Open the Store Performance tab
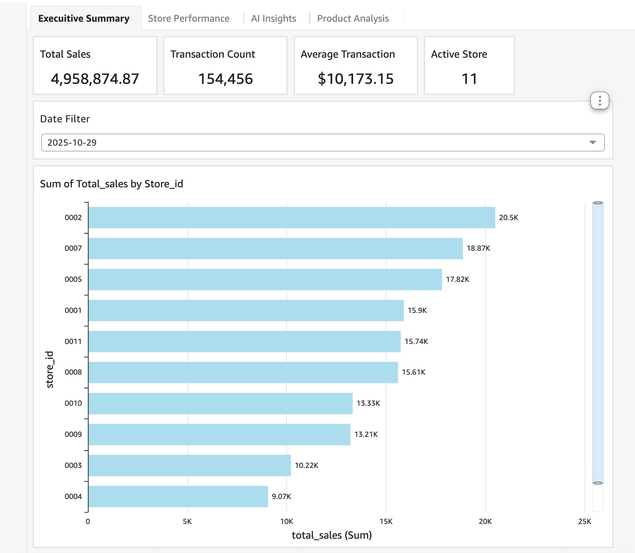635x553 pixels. [x=189, y=18]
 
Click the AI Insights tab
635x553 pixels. [x=273, y=18]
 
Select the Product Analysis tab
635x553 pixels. [x=353, y=18]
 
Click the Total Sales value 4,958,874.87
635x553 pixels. [x=95, y=79]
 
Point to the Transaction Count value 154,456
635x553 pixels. [x=225, y=79]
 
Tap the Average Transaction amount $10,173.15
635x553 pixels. [x=356, y=79]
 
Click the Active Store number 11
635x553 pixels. [x=469, y=79]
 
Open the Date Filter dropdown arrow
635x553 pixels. [x=592, y=142]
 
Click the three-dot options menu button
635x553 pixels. [x=599, y=101]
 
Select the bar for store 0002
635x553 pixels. [x=291, y=218]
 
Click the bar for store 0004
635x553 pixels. [x=178, y=497]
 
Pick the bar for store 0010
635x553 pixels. [x=220, y=403]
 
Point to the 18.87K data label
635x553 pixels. [x=478, y=248]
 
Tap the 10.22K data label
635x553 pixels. [x=306, y=465]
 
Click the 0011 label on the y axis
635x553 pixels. [x=73, y=342]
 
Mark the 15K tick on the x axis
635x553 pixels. [x=386, y=522]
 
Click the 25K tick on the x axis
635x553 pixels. [x=584, y=522]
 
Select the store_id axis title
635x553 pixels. [x=50, y=369]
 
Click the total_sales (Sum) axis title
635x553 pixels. [x=331, y=535]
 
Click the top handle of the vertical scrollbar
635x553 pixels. [x=598, y=203]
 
